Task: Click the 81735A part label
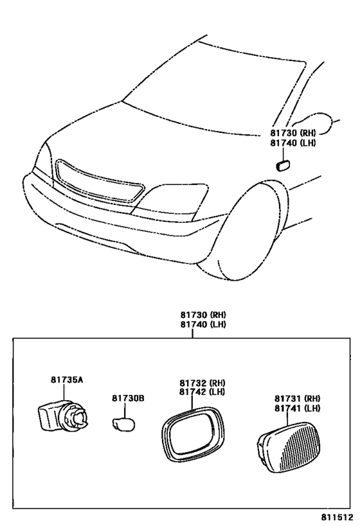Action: [x=67, y=380]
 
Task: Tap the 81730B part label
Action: [x=129, y=398]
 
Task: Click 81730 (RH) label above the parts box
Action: [x=203, y=315]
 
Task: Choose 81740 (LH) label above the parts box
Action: [x=203, y=325]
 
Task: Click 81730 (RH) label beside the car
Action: [x=293, y=133]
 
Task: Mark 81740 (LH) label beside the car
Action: [x=293, y=143]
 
